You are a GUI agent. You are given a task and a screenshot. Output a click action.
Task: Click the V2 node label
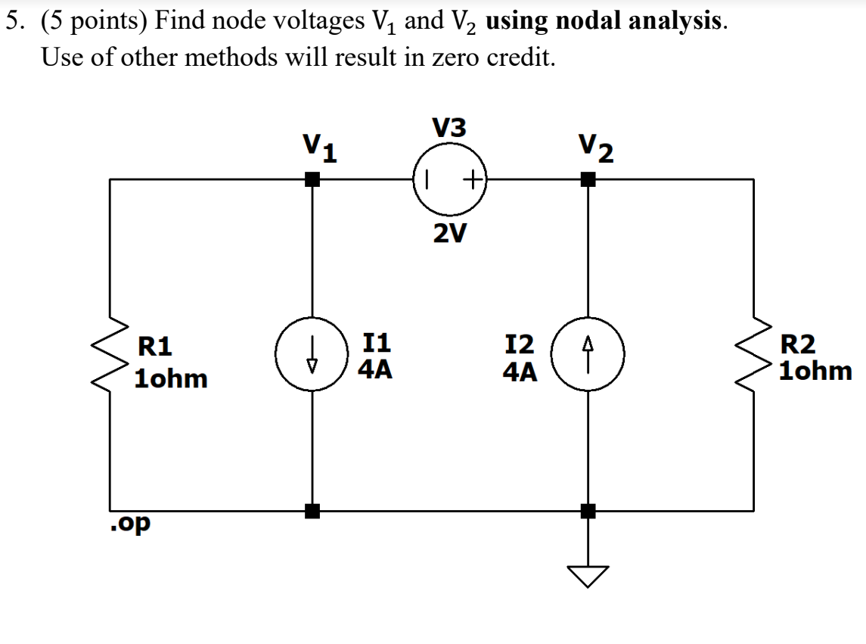tap(595, 149)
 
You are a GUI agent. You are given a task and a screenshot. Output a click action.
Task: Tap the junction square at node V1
tap(312, 180)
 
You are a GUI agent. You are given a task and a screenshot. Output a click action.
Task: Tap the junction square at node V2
tap(588, 180)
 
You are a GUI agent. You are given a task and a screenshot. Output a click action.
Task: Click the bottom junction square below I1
tap(312, 511)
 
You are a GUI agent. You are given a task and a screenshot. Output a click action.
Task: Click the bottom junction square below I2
tap(588, 511)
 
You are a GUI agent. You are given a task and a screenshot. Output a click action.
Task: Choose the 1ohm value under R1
tap(170, 378)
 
